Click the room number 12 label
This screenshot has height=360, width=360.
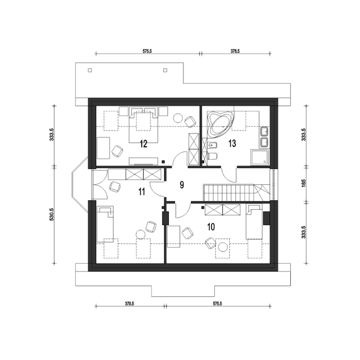pos(143,144)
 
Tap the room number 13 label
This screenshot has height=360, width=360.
pos(232,143)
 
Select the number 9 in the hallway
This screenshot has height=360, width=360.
pos(182,185)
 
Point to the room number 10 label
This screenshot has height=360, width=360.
pos(211,227)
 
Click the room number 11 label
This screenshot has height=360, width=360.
pos(142,192)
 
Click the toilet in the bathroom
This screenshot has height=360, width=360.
pos(212,156)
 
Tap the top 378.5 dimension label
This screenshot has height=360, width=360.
pos(235,51)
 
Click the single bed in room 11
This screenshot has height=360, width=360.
pos(105,224)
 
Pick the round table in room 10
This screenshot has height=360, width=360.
pos(223,247)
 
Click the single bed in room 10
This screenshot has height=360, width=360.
pos(254,222)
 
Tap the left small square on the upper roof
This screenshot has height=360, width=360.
pos(90,70)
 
